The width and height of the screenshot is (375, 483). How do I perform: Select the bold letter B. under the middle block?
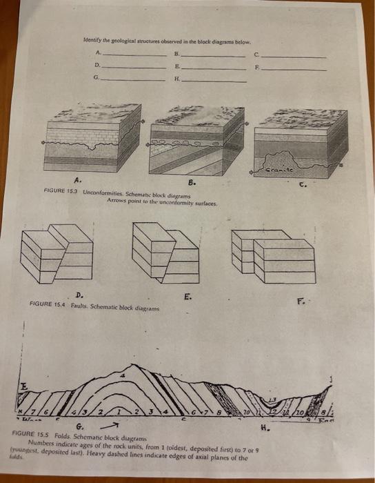pyautogui.click(x=191, y=182)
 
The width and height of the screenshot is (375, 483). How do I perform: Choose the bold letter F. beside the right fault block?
pyautogui.click(x=301, y=300)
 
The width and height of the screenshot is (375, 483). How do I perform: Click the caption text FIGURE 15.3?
pyautogui.click(x=60, y=190)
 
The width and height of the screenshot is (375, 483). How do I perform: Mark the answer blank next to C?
pyautogui.click(x=293, y=55)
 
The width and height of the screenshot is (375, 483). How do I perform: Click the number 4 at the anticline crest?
pyautogui.click(x=122, y=376)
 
